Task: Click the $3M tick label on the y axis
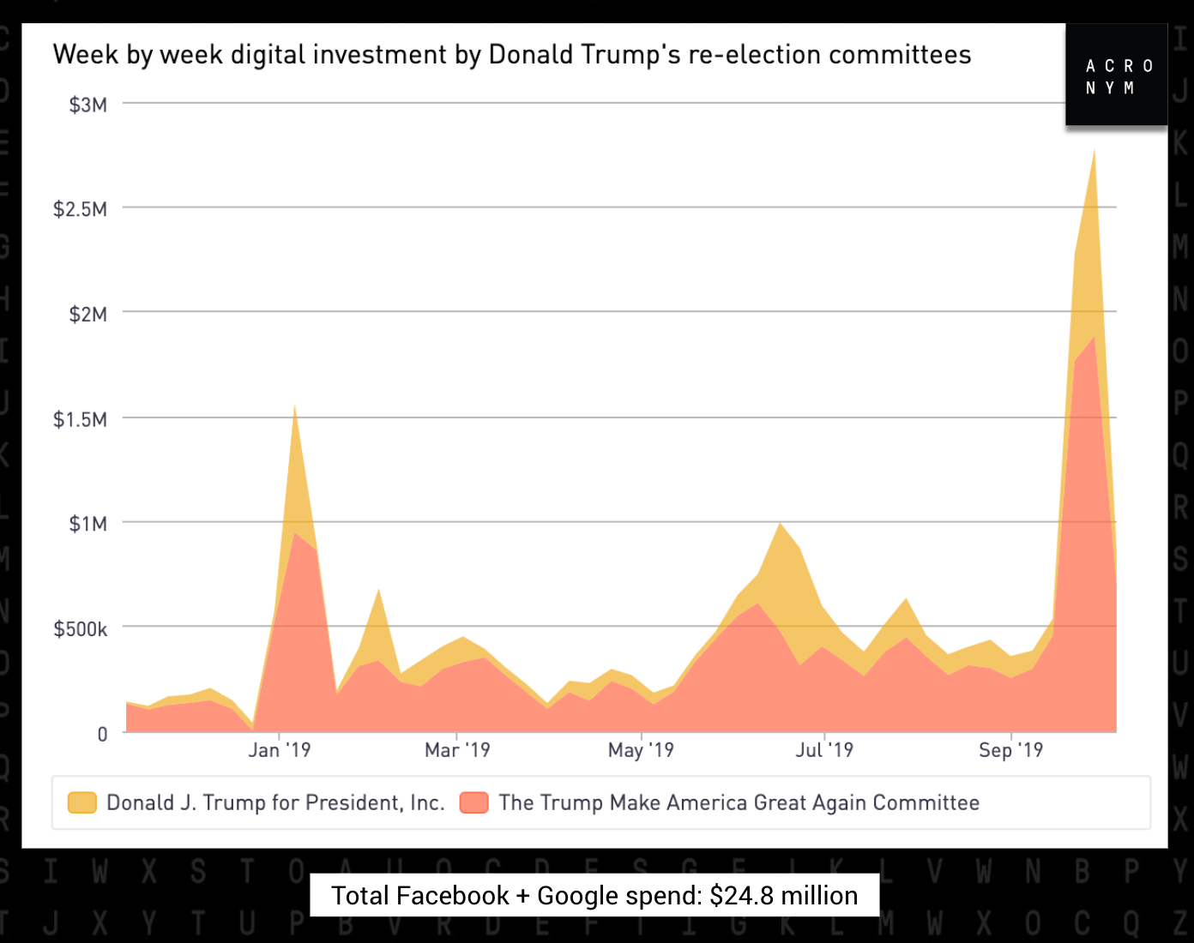pyautogui.click(x=88, y=105)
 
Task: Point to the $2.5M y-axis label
pyautogui.click(x=81, y=209)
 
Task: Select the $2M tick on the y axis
pyautogui.click(x=88, y=315)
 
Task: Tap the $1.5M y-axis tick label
pyautogui.click(x=81, y=419)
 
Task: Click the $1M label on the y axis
pyautogui.click(x=88, y=524)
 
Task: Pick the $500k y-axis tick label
pyautogui.click(x=81, y=629)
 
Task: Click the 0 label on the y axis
pyautogui.click(x=102, y=734)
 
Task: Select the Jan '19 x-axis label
pyautogui.click(x=280, y=750)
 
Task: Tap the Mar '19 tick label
pyautogui.click(x=457, y=750)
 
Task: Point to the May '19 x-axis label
pyautogui.click(x=641, y=750)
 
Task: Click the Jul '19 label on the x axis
pyautogui.click(x=824, y=750)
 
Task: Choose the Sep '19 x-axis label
pyautogui.click(x=1010, y=750)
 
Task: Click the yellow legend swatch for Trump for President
pyautogui.click(x=82, y=802)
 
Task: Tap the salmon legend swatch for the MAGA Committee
pyautogui.click(x=473, y=802)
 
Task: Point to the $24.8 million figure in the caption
pyautogui.click(x=783, y=896)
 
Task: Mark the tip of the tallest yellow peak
pyautogui.click(x=1094, y=151)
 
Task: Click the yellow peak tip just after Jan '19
pyautogui.click(x=295, y=405)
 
